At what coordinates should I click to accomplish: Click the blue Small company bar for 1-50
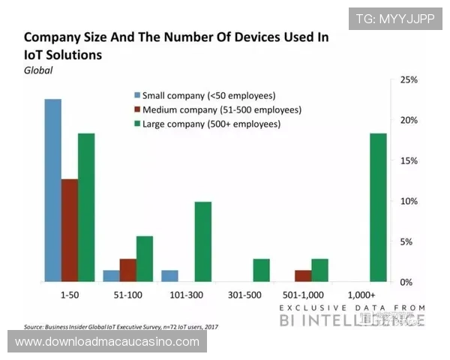point(52,190)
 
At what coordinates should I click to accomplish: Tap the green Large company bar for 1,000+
point(379,208)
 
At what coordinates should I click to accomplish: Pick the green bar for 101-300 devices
point(203,241)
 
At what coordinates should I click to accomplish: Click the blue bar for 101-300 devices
point(170,276)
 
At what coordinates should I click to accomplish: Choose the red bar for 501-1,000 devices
point(302,276)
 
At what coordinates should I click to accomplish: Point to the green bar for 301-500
point(261,270)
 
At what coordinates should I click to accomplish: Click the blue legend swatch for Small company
point(137,96)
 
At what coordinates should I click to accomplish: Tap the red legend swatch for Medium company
point(137,109)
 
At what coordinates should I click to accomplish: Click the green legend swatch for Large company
point(137,124)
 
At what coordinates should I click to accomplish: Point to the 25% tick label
point(409,79)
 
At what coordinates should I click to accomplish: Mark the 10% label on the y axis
point(409,201)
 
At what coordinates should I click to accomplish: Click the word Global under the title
point(39,70)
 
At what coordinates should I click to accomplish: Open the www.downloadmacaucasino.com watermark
point(107,342)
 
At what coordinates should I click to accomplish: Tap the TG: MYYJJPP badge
point(395,18)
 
